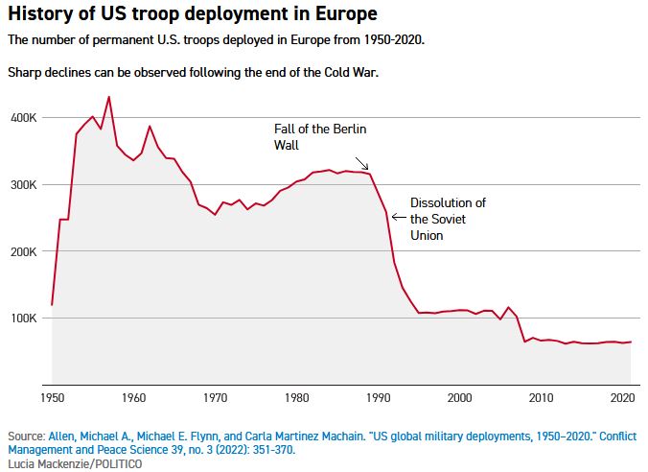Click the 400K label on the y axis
click(23, 117)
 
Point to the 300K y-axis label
click(23, 184)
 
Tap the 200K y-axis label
click(23, 251)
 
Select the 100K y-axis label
click(23, 319)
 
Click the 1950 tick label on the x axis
click(52, 396)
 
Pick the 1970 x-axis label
click(215, 396)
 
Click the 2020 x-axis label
click(622, 396)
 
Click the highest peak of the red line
click(108, 97)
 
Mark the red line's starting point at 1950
click(52, 304)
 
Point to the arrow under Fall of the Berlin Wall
click(361, 163)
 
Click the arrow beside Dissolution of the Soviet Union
click(399, 217)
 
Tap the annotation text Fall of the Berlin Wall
click(320, 136)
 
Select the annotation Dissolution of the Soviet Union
click(448, 219)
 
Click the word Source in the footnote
click(26, 436)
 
